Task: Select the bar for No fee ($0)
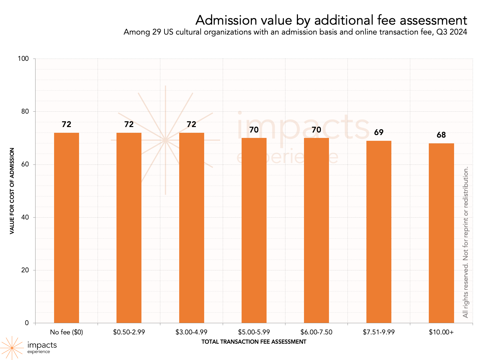tap(67, 228)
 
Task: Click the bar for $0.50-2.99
tap(129, 228)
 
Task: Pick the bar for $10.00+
tap(441, 233)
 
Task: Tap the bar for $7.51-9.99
tap(379, 232)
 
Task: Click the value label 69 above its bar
tap(379, 132)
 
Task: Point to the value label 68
tap(441, 135)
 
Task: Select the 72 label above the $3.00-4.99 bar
tap(191, 124)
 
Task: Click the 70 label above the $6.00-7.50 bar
tap(316, 130)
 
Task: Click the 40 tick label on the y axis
tap(25, 217)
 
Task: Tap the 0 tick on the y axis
tap(27, 323)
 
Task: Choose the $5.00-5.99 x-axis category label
tap(254, 332)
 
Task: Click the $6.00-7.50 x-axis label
tap(316, 332)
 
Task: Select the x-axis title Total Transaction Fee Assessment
tap(254, 342)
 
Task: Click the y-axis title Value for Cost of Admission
tap(12, 191)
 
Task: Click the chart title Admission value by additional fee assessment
tap(331, 20)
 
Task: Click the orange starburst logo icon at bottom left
tap(12, 348)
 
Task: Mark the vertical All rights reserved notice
tap(466, 242)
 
